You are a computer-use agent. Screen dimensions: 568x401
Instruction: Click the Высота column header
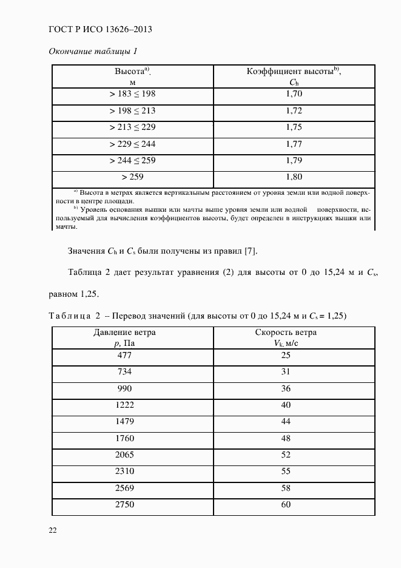pyautogui.click(x=133, y=76)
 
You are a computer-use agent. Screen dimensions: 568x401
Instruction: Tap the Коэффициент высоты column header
pyautogui.click(x=294, y=76)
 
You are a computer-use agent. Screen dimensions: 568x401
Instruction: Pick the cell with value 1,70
pyautogui.click(x=294, y=94)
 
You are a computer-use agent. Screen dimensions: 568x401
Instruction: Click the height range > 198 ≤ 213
pyautogui.click(x=132, y=111)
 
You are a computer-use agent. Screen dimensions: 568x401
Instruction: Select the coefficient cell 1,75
pyautogui.click(x=294, y=127)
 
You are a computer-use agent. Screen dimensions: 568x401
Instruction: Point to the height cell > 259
pyautogui.click(x=132, y=177)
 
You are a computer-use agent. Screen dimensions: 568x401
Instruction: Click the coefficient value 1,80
pyautogui.click(x=294, y=177)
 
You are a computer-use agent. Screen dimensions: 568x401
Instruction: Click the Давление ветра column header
pyautogui.click(x=124, y=337)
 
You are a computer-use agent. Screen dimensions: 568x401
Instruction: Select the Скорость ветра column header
pyautogui.click(x=286, y=337)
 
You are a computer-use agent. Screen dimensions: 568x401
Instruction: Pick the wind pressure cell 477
pyautogui.click(x=124, y=355)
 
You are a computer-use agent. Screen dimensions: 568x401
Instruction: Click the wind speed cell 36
pyautogui.click(x=286, y=388)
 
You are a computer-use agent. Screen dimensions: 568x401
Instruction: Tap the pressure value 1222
pyautogui.click(x=124, y=405)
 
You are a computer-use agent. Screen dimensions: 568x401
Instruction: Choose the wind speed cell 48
pyautogui.click(x=286, y=438)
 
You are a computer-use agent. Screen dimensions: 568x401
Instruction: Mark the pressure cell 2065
pyautogui.click(x=124, y=455)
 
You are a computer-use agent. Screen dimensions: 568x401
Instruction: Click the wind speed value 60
pyautogui.click(x=286, y=505)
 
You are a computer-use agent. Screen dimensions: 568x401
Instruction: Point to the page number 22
pyautogui.click(x=53, y=531)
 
